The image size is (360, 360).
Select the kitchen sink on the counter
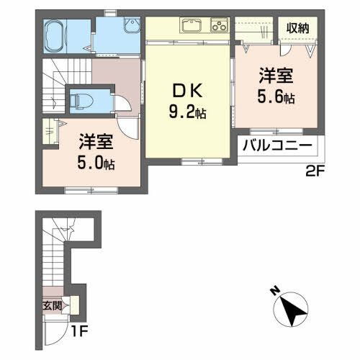pyautogui.click(x=192, y=27)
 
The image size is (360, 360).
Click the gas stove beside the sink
pyautogui.click(x=219, y=27)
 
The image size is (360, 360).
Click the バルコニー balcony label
pyautogui.click(x=277, y=146)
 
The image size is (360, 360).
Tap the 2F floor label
pyautogui.click(x=314, y=171)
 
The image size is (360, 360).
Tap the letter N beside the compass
pyautogui.click(x=274, y=291)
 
